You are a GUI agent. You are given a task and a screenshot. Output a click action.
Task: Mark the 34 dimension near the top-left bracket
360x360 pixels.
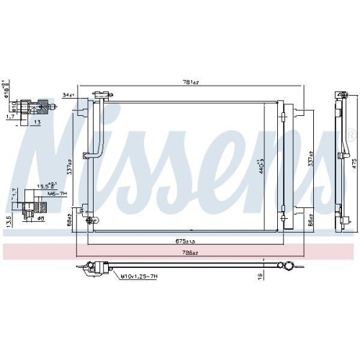[x=70, y=94]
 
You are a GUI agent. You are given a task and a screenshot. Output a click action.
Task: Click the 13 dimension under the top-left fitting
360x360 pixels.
[x=36, y=122]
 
